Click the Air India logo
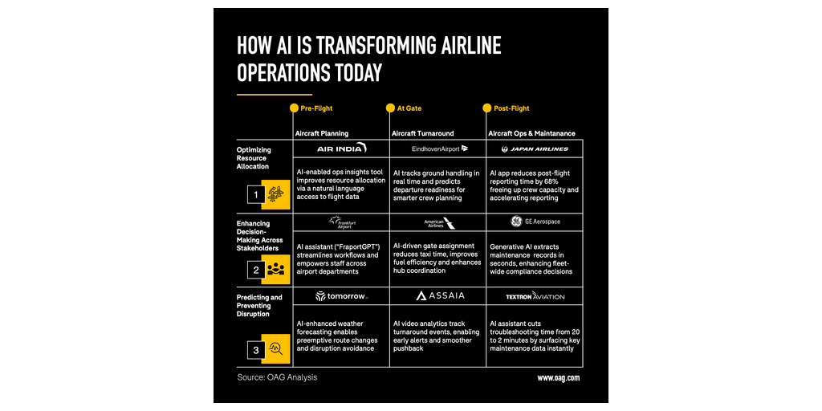341,149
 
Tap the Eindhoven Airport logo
439,149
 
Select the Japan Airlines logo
535,149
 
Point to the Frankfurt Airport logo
341,222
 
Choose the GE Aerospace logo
535,222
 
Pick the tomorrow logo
341,296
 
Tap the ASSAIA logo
439,296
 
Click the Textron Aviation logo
535,296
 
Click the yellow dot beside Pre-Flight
294,108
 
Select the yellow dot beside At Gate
390,108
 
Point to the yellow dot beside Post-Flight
486,108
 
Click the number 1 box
256,195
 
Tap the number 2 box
256,270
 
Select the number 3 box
256,349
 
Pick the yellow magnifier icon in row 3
276,349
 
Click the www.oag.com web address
558,377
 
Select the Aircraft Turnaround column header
422,133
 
